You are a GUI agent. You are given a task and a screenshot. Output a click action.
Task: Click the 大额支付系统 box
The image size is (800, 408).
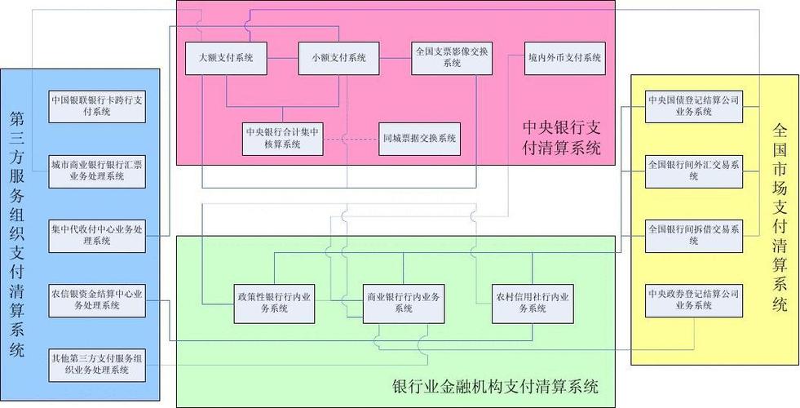click(226, 58)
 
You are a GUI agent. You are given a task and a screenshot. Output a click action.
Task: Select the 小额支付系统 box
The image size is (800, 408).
click(338, 58)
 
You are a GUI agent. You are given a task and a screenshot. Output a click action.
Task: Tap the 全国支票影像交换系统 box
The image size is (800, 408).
click(451, 58)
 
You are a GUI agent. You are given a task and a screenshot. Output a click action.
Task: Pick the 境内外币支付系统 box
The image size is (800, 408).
click(564, 58)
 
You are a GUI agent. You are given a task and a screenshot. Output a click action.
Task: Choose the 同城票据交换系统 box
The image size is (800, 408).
click(419, 138)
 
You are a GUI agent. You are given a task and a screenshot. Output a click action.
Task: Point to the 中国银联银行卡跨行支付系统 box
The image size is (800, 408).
click(97, 106)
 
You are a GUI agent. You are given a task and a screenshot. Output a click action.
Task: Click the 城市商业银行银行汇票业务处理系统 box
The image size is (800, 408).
click(97, 170)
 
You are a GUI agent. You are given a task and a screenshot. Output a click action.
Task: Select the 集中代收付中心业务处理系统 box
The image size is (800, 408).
click(97, 234)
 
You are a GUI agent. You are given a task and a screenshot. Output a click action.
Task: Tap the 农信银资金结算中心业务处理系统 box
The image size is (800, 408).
click(97, 299)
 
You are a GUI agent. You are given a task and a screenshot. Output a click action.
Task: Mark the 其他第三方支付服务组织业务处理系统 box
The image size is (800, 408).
click(97, 364)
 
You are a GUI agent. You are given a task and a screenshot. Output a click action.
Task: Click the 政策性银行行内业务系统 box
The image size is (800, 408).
click(274, 303)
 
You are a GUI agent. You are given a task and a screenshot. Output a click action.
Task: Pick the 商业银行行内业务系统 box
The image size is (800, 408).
click(404, 303)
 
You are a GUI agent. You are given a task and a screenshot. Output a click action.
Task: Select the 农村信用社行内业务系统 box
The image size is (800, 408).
click(532, 303)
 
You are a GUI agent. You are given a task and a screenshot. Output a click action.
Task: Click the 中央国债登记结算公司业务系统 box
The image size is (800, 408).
click(694, 105)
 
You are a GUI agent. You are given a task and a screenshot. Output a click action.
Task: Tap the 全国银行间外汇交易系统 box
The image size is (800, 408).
click(694, 171)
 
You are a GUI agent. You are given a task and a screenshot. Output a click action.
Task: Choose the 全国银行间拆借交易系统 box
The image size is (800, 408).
click(694, 235)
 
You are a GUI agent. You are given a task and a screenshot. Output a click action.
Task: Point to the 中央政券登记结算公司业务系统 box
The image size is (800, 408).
click(694, 299)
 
